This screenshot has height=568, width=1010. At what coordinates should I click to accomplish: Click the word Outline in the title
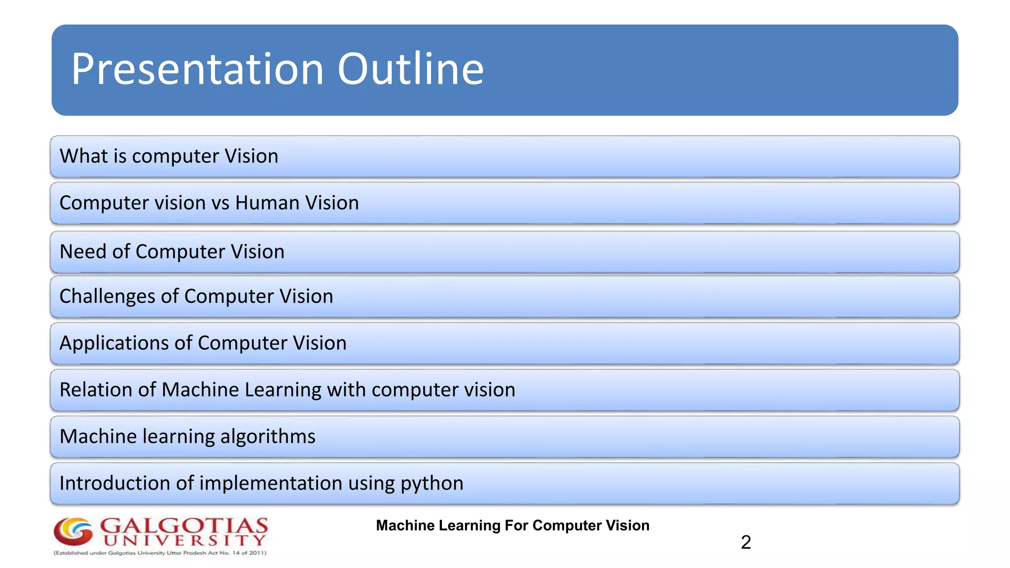pyautogui.click(x=410, y=69)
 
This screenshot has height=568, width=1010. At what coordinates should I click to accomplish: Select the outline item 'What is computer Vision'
pyautogui.click(x=169, y=156)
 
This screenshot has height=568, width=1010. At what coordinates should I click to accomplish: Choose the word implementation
pyautogui.click(x=271, y=483)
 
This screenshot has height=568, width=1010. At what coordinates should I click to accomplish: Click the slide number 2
pyautogui.click(x=746, y=542)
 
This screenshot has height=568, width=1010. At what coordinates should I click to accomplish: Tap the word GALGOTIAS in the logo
pyautogui.click(x=184, y=526)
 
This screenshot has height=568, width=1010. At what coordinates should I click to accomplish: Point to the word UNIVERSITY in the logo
pyautogui.click(x=185, y=540)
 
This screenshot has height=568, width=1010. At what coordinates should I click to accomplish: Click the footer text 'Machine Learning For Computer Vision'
pyautogui.click(x=512, y=526)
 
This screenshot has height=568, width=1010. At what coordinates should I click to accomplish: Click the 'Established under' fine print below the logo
pyautogui.click(x=160, y=553)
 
